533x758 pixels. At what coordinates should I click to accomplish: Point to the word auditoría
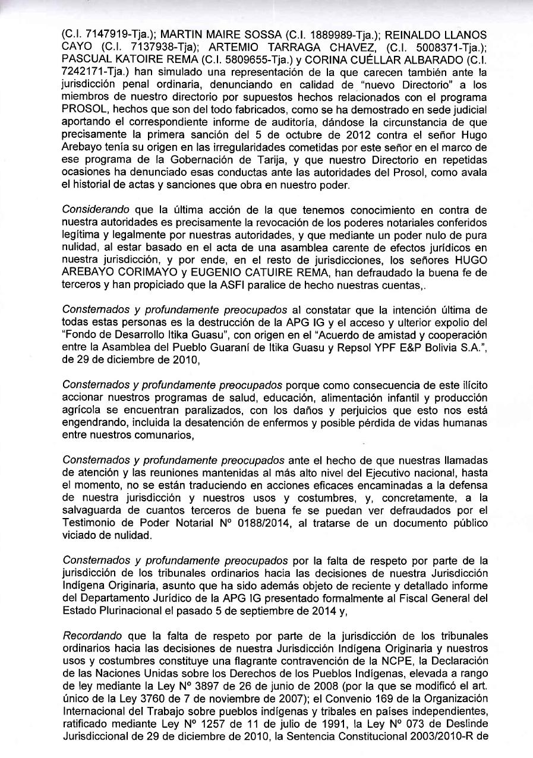click(264, 122)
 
